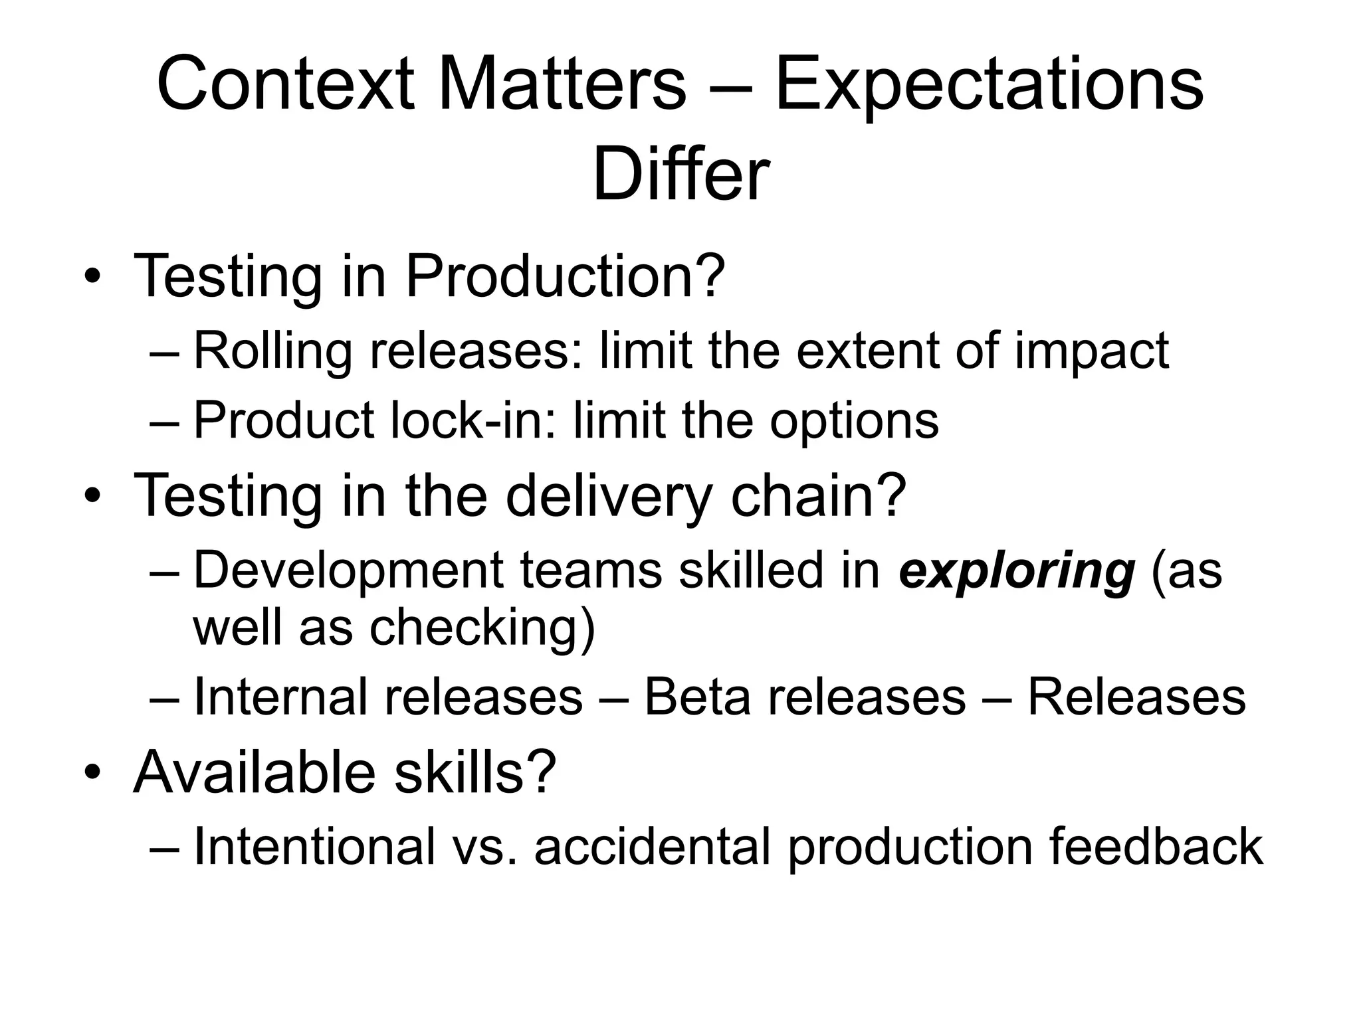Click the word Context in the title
(x=286, y=85)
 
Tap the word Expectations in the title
(x=989, y=85)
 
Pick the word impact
(x=1091, y=352)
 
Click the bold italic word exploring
(x=1016, y=571)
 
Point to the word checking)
(x=482, y=628)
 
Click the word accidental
(x=653, y=847)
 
